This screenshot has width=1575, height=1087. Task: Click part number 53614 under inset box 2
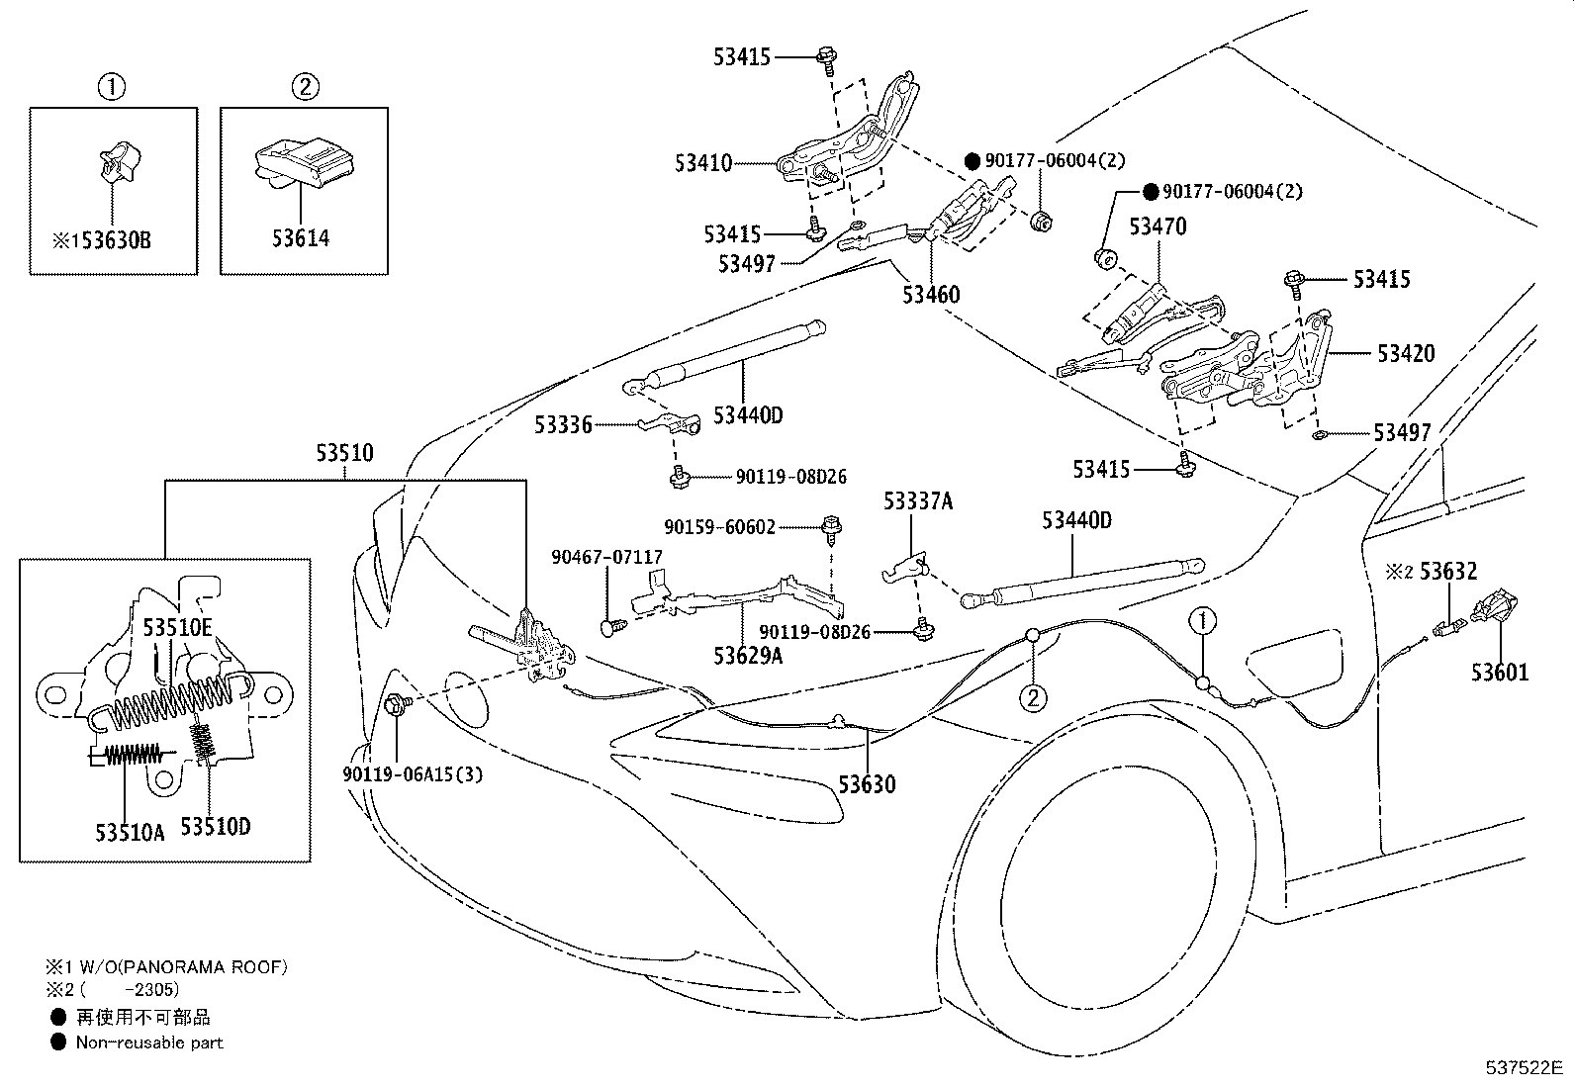point(300,238)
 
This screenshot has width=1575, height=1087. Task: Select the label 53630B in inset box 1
point(116,240)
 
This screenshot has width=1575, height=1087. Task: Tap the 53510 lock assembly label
point(344,453)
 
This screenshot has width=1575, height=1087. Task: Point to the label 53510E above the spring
point(177,627)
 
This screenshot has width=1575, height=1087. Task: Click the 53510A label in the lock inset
point(130,833)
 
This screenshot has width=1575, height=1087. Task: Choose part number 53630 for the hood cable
point(867,784)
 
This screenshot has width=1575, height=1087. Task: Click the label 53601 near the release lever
point(1500,673)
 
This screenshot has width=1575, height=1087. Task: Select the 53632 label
point(1448,571)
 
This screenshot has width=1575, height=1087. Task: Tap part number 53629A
point(748,656)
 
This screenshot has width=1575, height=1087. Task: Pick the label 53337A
point(918,501)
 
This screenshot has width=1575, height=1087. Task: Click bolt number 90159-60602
point(719,527)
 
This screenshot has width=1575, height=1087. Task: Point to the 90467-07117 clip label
point(606,558)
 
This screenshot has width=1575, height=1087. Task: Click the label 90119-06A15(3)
point(413,774)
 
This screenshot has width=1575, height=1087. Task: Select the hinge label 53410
point(703,163)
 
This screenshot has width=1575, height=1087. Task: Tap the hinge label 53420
point(1406,353)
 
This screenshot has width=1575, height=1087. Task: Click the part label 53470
point(1158,226)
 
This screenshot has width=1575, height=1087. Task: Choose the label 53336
point(563,424)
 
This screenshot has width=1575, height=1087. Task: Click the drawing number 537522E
point(1524,1067)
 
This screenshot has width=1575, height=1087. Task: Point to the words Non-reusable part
point(149,1042)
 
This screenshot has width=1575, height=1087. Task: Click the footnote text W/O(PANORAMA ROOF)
point(182,966)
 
